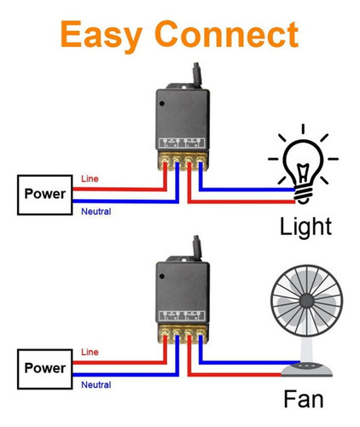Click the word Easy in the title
pos(101,36)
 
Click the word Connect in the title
pos(227,34)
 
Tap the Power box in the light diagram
pos(44,195)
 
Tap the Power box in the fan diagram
pos(44,369)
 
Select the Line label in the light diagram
pos(90,178)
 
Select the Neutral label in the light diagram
pos(96,212)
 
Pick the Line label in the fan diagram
pos(90,352)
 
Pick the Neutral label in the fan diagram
pos(96,385)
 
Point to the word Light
pos(305,227)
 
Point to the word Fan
pos(304,399)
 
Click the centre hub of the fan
pos(306,301)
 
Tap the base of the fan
pos(307,370)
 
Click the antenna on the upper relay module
pos(197,73)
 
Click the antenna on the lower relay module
pos(197,247)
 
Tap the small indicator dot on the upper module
pos(162,103)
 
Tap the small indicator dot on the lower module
pos(162,276)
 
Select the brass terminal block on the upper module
pos(183,161)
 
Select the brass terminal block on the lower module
pos(183,334)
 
